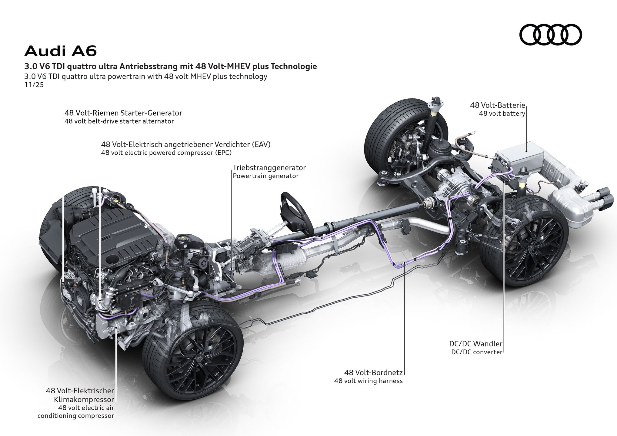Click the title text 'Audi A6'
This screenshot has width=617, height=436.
(x=61, y=51)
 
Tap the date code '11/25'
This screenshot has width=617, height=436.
(x=34, y=85)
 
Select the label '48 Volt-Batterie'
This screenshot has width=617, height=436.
(x=497, y=105)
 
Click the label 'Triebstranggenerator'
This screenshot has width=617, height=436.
(x=269, y=167)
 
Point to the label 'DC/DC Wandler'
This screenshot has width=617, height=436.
(x=476, y=344)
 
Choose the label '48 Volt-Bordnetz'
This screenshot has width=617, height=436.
(x=373, y=372)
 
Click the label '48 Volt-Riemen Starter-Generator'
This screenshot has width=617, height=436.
(x=123, y=113)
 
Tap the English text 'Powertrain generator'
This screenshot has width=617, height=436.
(x=265, y=176)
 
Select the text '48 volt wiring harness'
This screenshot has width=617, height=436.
(x=368, y=381)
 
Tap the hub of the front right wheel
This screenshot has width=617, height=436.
(x=199, y=358)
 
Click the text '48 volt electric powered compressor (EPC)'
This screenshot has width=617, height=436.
(x=166, y=153)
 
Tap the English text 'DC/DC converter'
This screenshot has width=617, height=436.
(x=477, y=352)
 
